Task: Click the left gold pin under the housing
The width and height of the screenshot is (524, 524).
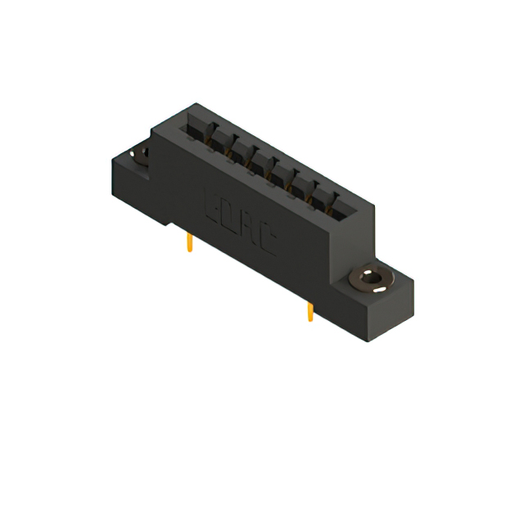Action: click(x=190, y=243)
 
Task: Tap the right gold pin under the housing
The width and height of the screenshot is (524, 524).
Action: click(x=309, y=312)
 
